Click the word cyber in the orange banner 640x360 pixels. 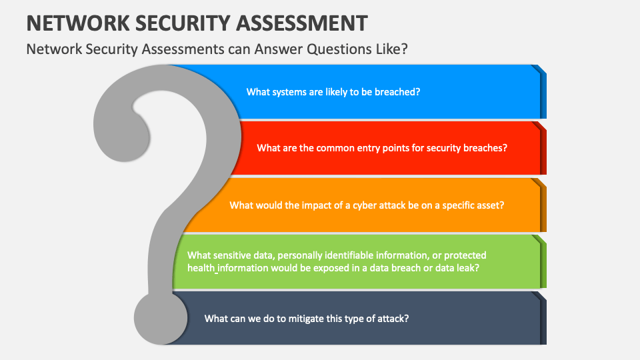(x=367, y=205)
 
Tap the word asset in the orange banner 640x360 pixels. (x=491, y=205)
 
